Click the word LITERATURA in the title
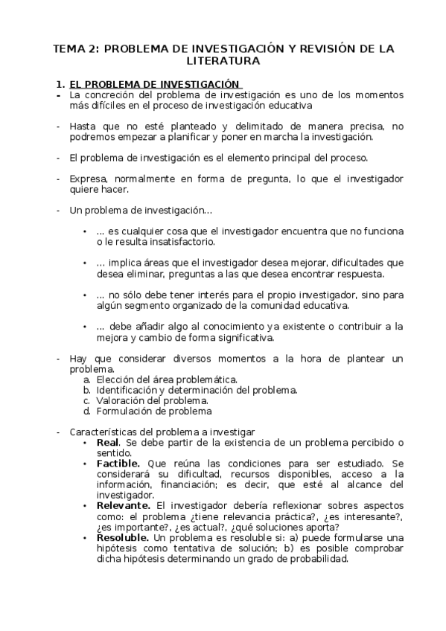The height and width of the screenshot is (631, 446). (x=223, y=62)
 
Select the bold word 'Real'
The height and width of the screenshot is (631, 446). (x=109, y=443)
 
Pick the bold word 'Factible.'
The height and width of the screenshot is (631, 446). (x=118, y=463)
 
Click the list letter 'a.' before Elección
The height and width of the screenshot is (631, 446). (x=87, y=379)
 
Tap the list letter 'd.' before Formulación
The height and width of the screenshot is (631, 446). (x=87, y=411)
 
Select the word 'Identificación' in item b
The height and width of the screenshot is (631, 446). (x=126, y=390)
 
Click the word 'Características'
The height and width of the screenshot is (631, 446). (x=104, y=432)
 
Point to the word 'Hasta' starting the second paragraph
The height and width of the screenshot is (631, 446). (x=82, y=126)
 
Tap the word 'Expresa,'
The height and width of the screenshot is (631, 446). (x=89, y=179)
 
